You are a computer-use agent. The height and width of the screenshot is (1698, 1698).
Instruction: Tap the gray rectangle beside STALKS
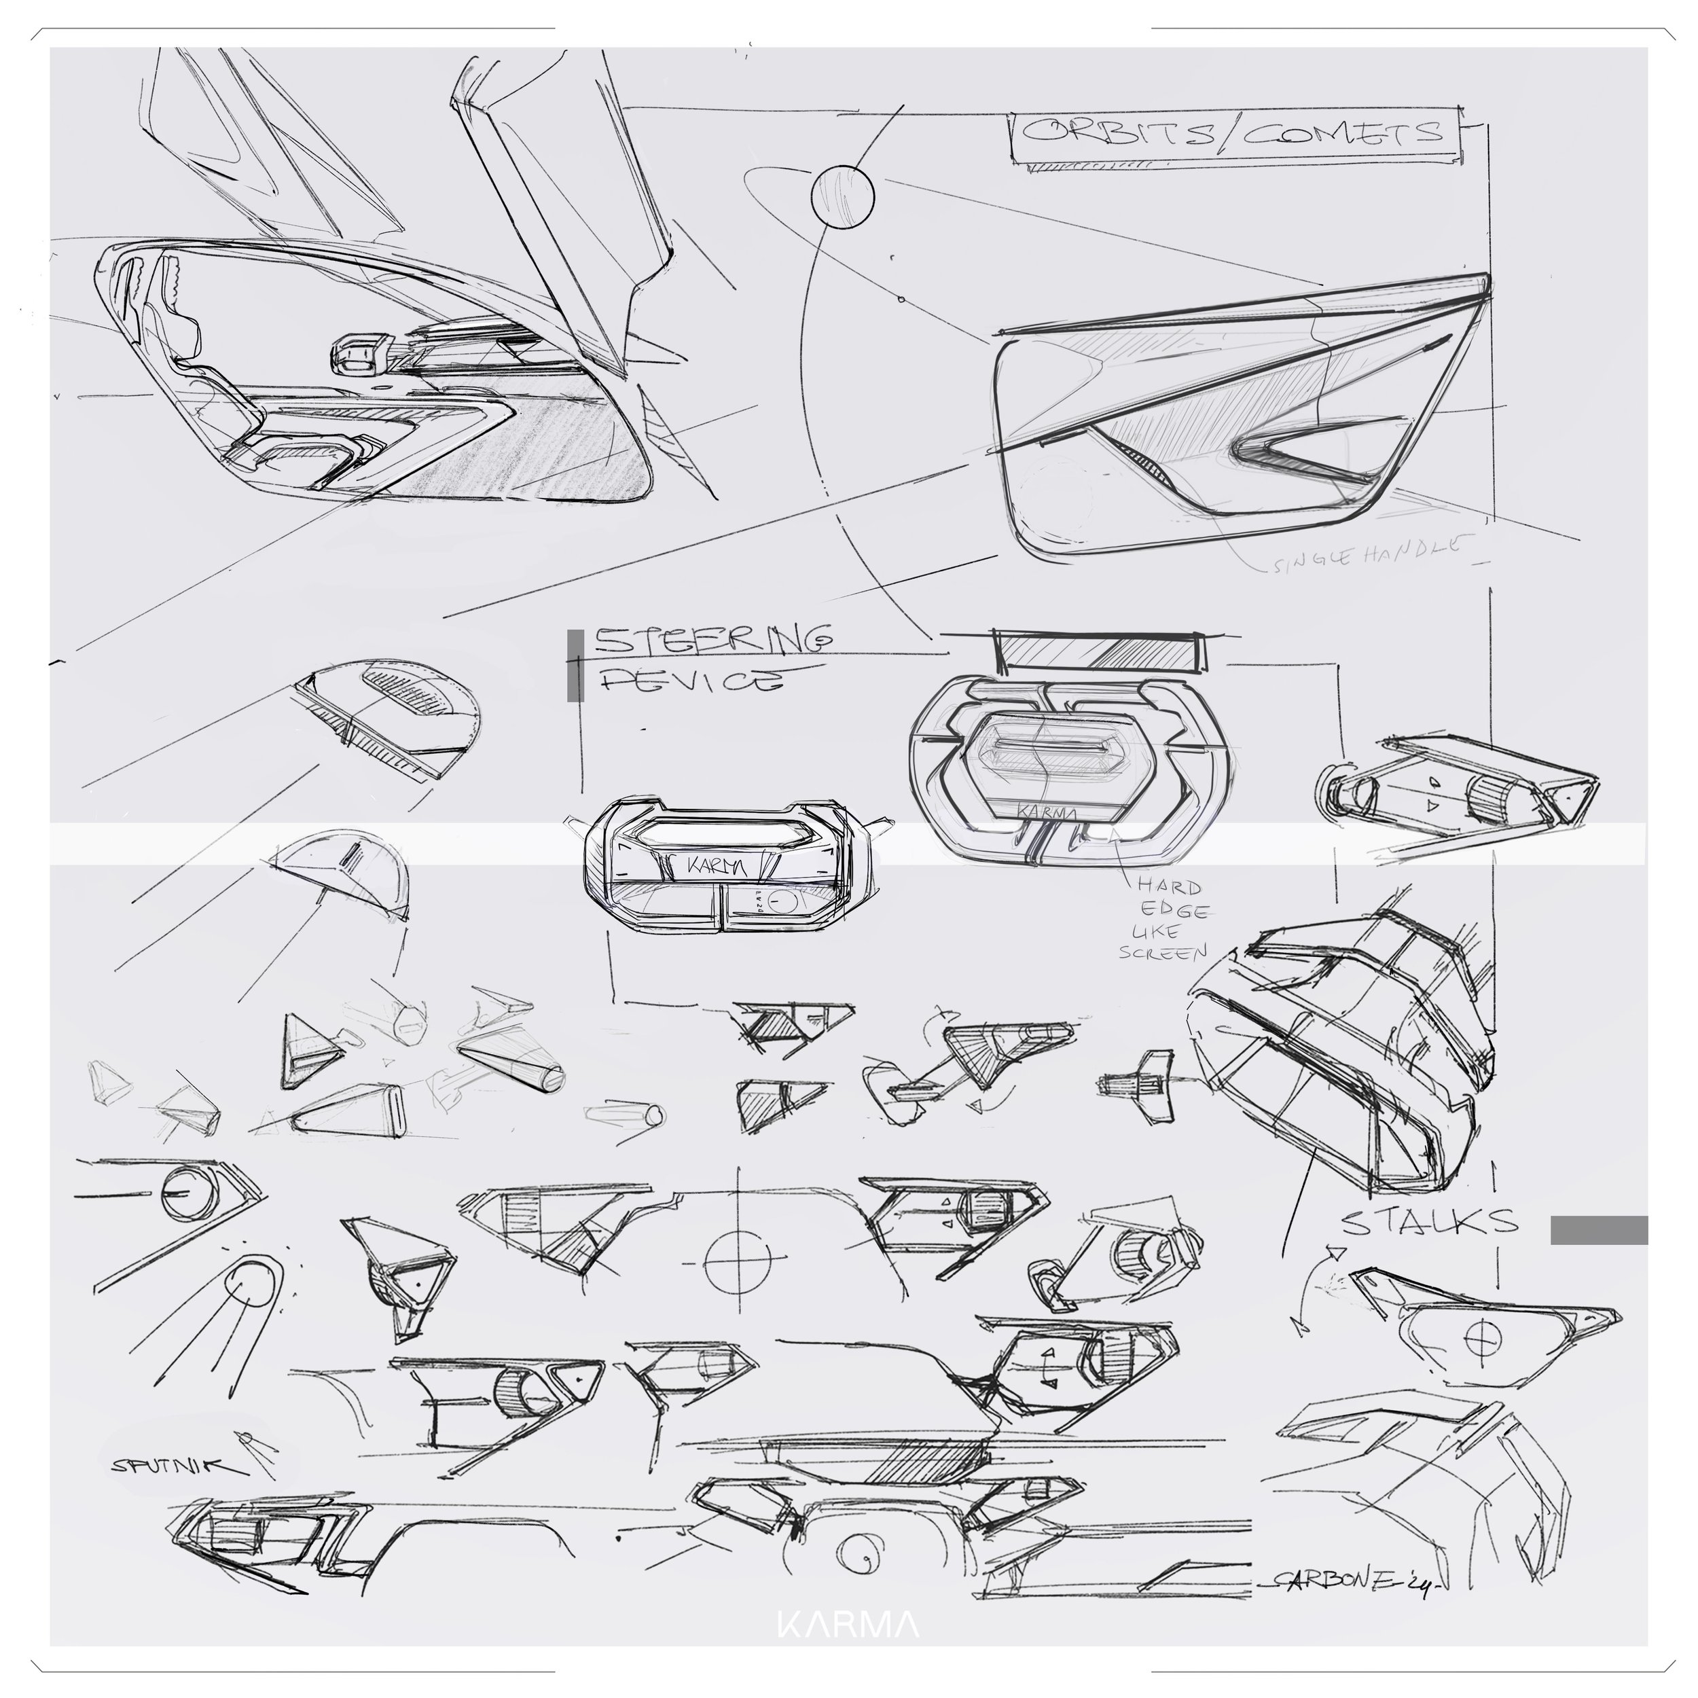(1597, 1231)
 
